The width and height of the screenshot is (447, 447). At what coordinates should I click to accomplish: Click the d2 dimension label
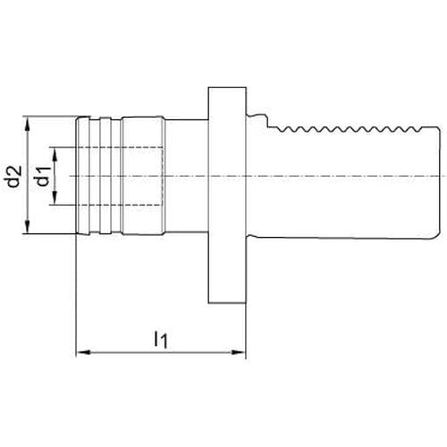click(x=14, y=176)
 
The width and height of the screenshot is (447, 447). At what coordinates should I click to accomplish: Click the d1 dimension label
click(x=42, y=176)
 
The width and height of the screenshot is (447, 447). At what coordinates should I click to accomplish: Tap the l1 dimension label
click(x=161, y=339)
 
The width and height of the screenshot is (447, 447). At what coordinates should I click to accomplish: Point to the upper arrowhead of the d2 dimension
click(x=28, y=123)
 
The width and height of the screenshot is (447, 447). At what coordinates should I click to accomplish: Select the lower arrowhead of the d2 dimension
click(x=28, y=226)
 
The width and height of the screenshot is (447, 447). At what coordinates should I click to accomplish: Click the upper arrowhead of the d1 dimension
click(x=55, y=155)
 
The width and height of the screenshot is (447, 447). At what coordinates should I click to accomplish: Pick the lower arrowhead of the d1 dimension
click(x=55, y=198)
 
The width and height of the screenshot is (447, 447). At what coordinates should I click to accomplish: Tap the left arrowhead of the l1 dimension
click(x=83, y=352)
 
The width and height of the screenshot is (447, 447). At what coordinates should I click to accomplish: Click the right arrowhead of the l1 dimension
click(x=239, y=352)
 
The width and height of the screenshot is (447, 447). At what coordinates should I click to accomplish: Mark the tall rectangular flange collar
click(x=227, y=195)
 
